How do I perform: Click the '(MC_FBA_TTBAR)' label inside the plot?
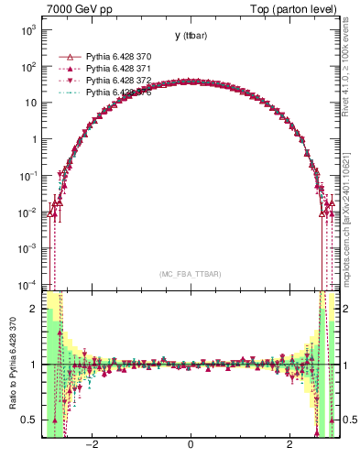[x=190, y=275]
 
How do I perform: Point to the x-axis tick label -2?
[x=92, y=446]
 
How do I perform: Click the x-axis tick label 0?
[x=190, y=446]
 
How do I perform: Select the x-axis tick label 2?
[x=289, y=446]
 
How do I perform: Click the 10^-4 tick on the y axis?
[x=27, y=283]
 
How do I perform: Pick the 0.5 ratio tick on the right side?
[x=348, y=420]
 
